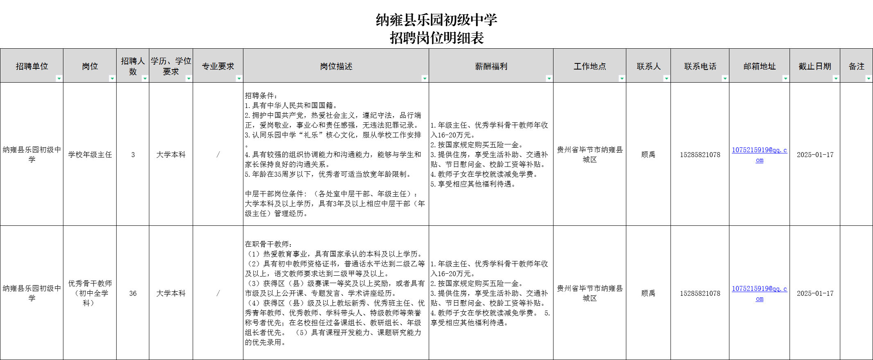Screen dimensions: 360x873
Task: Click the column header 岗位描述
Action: pyautogui.click(x=336, y=66)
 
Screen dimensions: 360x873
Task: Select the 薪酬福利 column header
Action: pyautogui.click(x=491, y=66)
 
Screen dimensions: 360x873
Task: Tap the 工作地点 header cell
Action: pyautogui.click(x=589, y=66)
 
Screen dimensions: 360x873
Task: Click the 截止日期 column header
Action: pyautogui.click(x=814, y=66)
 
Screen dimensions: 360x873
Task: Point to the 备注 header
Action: pyautogui.click(x=856, y=66)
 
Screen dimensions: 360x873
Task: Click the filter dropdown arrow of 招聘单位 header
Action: pyautogui.click(x=59, y=78)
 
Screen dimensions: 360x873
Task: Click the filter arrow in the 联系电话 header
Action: pyautogui.click(x=724, y=78)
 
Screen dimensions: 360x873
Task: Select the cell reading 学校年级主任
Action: pyautogui.click(x=90, y=155)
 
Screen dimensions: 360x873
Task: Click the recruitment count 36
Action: pyautogui.click(x=133, y=293)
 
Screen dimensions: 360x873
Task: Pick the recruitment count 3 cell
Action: pyautogui.click(x=133, y=155)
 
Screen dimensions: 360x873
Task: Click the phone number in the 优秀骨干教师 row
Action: pyautogui.click(x=700, y=293)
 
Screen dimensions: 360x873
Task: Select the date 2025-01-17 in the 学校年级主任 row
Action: pyautogui.click(x=815, y=155)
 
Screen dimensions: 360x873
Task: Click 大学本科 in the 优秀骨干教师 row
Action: pyautogui.click(x=171, y=293)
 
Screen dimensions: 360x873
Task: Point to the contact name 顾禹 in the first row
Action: pyautogui.click(x=648, y=155)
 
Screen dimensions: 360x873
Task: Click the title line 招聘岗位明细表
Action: pyautogui.click(x=436, y=38)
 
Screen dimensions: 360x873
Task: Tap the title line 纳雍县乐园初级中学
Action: pyautogui.click(x=436, y=20)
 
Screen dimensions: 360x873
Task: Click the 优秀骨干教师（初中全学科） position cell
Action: pyautogui.click(x=90, y=293)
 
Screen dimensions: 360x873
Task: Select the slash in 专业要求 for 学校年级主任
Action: pyautogui.click(x=218, y=155)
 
